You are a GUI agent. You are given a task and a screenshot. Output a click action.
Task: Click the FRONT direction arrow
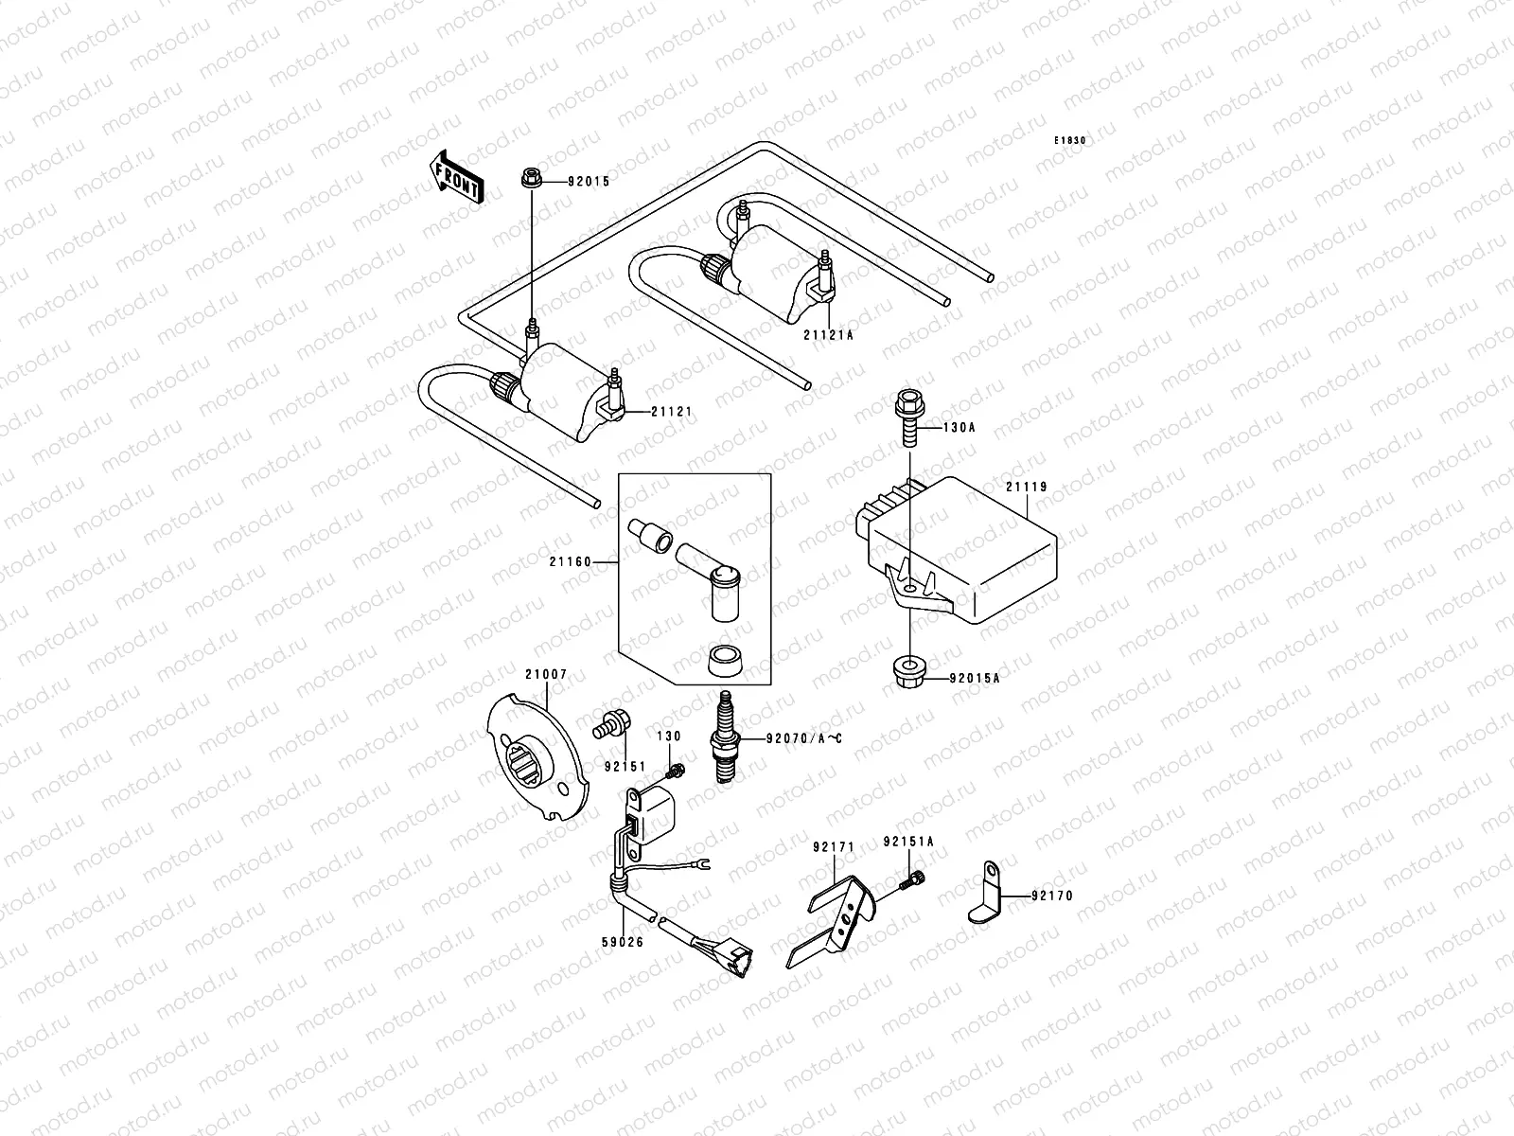[x=457, y=177]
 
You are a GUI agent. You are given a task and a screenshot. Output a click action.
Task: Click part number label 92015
[x=589, y=181]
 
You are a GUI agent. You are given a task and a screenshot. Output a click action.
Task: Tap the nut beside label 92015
[x=531, y=177]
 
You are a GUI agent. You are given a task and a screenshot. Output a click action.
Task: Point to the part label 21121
[x=671, y=412]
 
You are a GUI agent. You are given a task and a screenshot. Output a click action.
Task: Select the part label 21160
[x=569, y=561]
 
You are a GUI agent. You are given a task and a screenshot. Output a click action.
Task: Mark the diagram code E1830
[x=1071, y=140]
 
